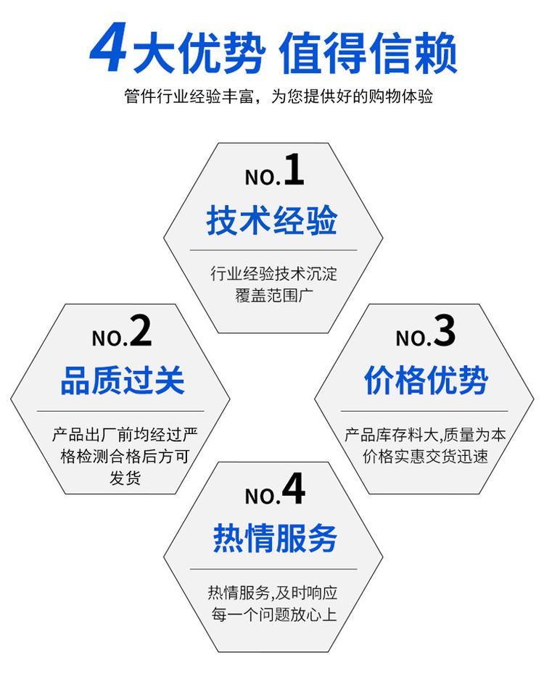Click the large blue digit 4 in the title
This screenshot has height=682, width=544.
point(108,47)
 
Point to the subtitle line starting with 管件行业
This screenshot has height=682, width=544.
point(279,96)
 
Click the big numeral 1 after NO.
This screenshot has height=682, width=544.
point(294,170)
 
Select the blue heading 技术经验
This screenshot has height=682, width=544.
point(272,220)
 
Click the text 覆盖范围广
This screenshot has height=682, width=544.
point(273,295)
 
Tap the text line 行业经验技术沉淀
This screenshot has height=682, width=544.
point(273,273)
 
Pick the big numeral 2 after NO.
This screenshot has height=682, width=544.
point(141,330)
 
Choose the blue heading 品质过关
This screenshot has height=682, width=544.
point(123,380)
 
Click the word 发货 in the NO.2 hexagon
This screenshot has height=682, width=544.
point(125,478)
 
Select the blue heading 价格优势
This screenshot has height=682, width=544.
point(426,380)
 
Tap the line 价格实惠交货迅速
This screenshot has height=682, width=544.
point(425,457)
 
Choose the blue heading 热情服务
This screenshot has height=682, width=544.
point(275,538)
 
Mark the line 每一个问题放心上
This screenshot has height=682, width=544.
point(273,615)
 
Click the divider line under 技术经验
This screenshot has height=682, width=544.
point(273,251)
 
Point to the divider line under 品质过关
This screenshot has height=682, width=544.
point(120,411)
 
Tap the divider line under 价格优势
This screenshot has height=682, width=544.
point(424,411)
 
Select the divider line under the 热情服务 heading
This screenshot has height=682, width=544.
point(273,569)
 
